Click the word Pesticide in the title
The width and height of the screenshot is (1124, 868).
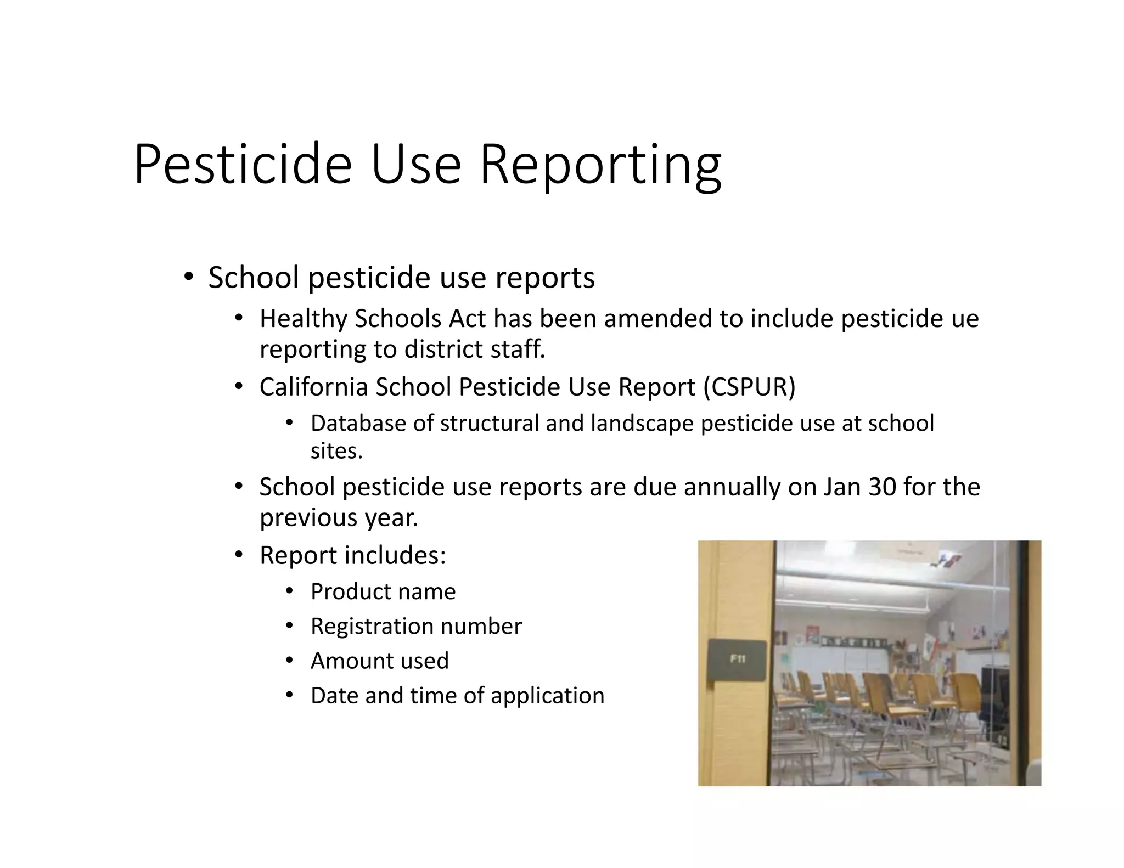coord(242,165)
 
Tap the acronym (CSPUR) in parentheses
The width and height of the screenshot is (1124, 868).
coord(750,387)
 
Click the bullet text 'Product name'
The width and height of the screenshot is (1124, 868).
coord(383,591)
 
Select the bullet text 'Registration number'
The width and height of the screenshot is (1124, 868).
coord(416,626)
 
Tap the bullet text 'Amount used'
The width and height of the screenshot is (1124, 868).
coord(380,661)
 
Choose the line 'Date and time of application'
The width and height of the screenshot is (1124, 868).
coord(457,696)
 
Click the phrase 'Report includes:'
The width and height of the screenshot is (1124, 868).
coord(353,555)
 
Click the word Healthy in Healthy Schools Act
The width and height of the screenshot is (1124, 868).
coord(304,319)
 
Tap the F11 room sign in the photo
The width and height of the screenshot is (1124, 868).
coord(737,660)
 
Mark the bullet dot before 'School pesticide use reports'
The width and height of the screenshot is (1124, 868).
coord(188,277)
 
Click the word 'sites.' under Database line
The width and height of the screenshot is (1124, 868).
coord(336,451)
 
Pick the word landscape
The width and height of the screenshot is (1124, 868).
coord(642,423)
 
